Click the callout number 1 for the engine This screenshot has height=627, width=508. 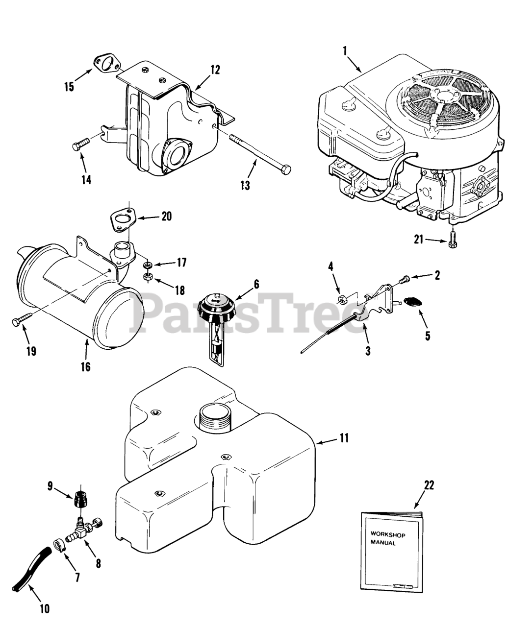tap(345, 50)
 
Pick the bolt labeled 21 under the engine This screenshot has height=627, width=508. tap(452, 241)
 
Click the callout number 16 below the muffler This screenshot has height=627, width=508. tap(86, 366)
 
